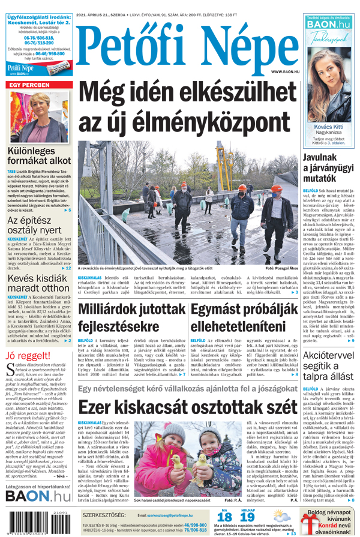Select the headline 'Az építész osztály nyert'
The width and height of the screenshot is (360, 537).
point(35,225)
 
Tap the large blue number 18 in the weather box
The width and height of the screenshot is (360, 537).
point(224,517)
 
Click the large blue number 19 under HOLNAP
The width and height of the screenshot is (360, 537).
point(247,517)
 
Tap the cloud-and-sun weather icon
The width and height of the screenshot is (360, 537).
point(280,515)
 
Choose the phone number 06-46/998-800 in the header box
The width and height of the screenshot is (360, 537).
point(44,53)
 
